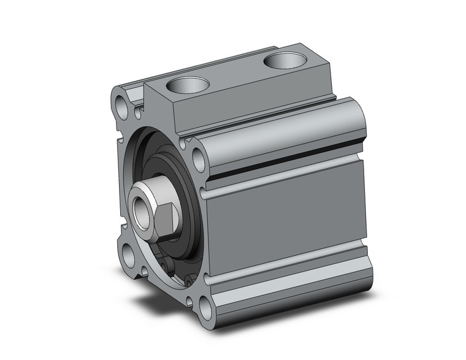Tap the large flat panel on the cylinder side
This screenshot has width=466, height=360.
[x=288, y=227]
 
